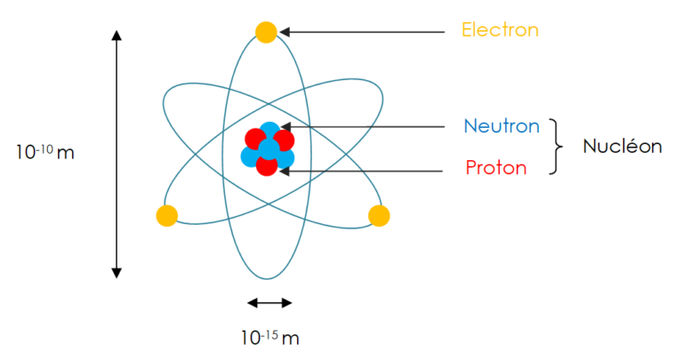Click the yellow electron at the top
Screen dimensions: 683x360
click(x=266, y=32)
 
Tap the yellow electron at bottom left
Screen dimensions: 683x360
click(x=167, y=215)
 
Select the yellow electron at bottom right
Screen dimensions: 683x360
click(x=379, y=215)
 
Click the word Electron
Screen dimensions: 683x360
click(x=500, y=30)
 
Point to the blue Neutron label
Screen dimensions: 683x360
click(x=502, y=126)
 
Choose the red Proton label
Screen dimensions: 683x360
click(x=496, y=168)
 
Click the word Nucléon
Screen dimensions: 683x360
click(x=623, y=146)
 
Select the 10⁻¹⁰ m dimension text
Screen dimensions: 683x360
click(x=45, y=152)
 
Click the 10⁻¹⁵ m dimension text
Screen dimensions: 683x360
click(x=270, y=338)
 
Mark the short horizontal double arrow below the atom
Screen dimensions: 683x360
click(x=269, y=303)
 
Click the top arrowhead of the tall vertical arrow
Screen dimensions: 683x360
click(x=117, y=36)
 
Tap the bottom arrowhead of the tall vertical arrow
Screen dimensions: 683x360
click(x=117, y=273)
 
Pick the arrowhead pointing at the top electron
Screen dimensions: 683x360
click(x=285, y=32)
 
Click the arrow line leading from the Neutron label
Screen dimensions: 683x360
click(x=363, y=127)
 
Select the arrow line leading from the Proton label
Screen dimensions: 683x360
click(x=361, y=172)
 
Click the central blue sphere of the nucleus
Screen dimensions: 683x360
click(x=269, y=148)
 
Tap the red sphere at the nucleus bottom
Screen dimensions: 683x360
click(x=267, y=165)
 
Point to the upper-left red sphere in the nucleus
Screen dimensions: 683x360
click(x=255, y=139)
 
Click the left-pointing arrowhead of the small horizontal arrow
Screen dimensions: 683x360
click(x=253, y=303)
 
